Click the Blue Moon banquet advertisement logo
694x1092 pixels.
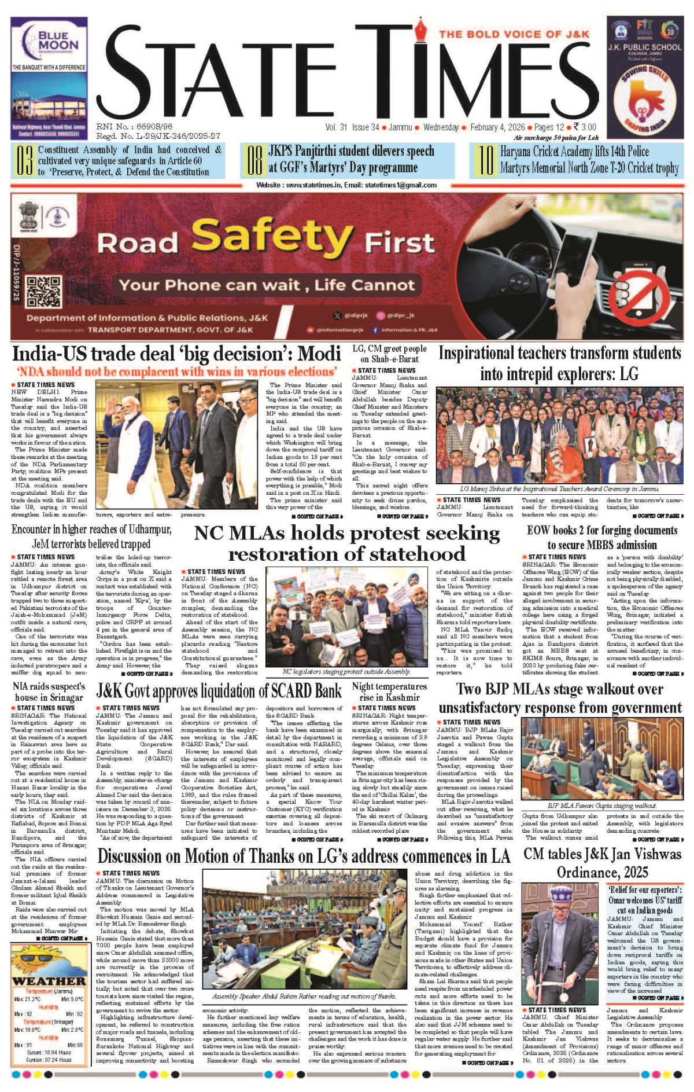click(x=49, y=42)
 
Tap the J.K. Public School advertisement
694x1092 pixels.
click(x=644, y=79)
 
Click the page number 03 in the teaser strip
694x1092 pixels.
click(x=24, y=161)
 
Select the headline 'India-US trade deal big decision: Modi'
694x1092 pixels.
click(x=176, y=354)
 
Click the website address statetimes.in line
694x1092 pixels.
click(x=346, y=185)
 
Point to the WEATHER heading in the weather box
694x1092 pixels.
click(x=49, y=981)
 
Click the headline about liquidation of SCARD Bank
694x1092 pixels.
click(x=219, y=691)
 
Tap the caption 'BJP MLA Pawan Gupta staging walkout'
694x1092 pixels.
click(x=602, y=805)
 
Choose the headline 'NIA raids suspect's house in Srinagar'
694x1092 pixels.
click(x=49, y=692)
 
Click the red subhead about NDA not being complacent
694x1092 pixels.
click(x=176, y=372)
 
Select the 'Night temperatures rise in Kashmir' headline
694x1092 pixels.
click(x=389, y=692)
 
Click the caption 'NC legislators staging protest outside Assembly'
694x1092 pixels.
click(x=346, y=672)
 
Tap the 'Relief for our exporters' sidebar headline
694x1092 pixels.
click(x=645, y=900)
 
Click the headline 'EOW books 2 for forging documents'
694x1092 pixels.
click(x=602, y=537)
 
